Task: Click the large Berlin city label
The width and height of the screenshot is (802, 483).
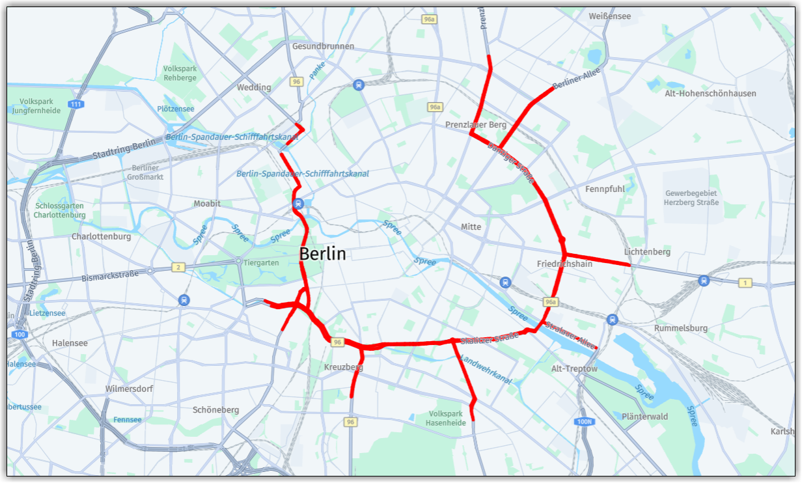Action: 323,254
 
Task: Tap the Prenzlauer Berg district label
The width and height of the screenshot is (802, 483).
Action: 476,124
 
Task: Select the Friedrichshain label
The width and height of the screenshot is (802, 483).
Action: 564,264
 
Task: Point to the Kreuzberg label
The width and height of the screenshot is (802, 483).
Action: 343,367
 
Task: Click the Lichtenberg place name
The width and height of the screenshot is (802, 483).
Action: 647,252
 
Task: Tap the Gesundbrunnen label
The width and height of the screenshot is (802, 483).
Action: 323,46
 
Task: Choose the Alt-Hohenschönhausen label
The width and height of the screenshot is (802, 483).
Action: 710,93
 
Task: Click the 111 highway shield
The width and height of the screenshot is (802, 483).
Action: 77,104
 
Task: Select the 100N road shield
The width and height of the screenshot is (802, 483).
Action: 585,422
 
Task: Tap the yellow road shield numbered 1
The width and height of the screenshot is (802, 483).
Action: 745,283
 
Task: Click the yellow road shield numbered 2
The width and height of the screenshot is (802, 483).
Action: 177,267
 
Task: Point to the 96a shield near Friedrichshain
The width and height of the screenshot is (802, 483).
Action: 551,302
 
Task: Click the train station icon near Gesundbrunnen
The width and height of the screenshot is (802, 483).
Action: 358,85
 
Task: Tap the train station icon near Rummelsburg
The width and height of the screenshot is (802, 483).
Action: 612,319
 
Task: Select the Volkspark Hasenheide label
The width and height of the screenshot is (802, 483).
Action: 446,418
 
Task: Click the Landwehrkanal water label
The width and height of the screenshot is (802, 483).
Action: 486,369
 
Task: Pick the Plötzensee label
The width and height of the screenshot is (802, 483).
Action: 176,109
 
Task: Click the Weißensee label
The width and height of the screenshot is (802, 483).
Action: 609,16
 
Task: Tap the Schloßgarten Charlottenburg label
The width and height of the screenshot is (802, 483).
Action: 59,209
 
